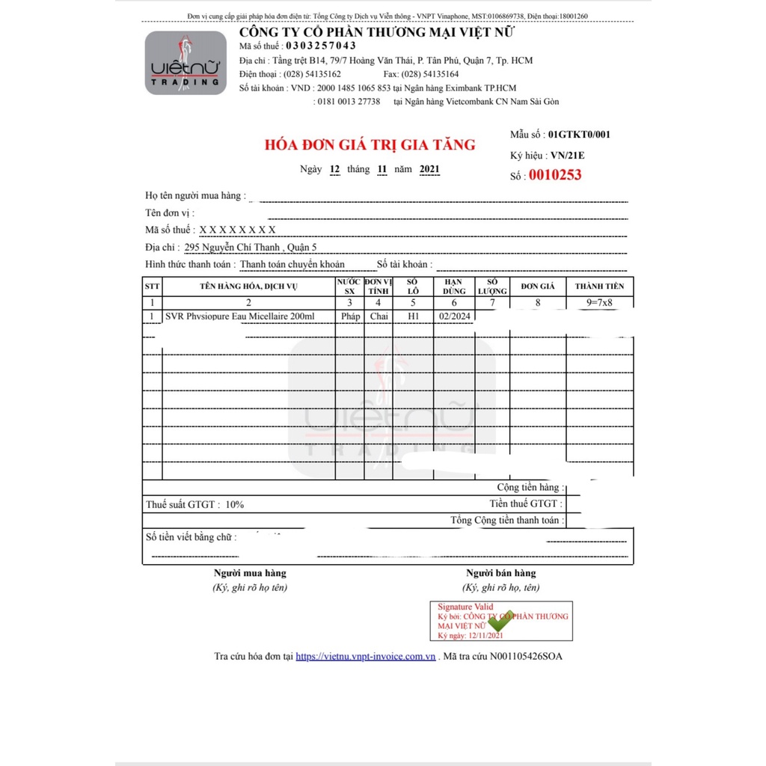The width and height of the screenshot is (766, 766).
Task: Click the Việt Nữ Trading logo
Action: click(x=186, y=63)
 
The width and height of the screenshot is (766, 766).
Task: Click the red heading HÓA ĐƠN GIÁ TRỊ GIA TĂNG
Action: click(x=370, y=144)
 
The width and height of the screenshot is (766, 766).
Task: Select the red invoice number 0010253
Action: click(x=555, y=176)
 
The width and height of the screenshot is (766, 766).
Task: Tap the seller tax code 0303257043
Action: click(x=321, y=46)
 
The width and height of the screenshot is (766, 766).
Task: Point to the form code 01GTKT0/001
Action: click(x=579, y=135)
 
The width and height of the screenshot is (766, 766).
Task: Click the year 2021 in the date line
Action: click(x=429, y=169)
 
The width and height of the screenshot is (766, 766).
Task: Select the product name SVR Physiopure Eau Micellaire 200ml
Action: click(x=240, y=316)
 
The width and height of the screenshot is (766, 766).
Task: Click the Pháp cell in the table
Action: click(x=350, y=316)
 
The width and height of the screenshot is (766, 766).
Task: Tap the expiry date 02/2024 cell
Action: click(x=454, y=316)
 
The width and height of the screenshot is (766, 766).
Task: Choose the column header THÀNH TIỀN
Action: click(x=599, y=287)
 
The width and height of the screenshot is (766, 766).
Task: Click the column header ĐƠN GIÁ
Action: click(x=538, y=287)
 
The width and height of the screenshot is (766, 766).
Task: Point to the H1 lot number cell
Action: click(x=413, y=316)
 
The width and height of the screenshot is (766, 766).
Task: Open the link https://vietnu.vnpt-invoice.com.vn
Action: click(x=366, y=656)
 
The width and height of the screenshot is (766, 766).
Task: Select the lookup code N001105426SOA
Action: click(x=526, y=656)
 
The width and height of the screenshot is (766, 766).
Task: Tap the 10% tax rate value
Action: click(x=234, y=505)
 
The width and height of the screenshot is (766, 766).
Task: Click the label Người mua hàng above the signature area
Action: click(x=250, y=573)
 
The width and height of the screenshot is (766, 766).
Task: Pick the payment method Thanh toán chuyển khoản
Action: click(x=292, y=264)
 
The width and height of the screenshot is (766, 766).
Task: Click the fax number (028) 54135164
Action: click(x=431, y=74)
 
